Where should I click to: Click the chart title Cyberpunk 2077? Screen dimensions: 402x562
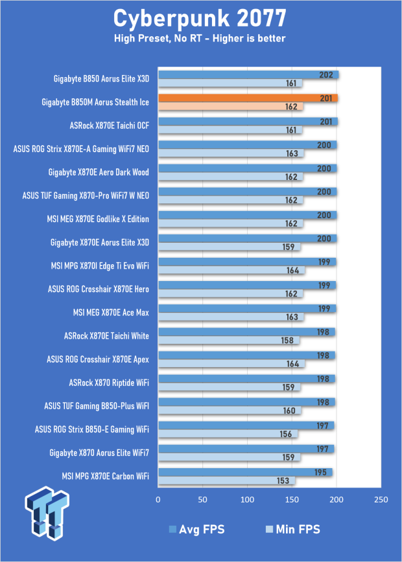[200, 19]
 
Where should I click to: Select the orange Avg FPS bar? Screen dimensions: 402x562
[248, 98]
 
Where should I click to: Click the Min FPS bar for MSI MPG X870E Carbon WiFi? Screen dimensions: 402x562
[226, 480]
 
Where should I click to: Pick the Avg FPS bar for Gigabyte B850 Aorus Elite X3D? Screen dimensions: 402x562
[248, 75]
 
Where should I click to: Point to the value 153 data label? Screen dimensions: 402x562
[283, 480]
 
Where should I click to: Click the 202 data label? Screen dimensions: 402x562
[326, 75]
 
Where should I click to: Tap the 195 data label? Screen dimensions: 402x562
[320, 473]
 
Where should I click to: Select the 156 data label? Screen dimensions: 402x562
[286, 434]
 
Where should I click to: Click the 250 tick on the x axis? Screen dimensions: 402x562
[381, 500]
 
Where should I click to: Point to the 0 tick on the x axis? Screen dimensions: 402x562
[158, 500]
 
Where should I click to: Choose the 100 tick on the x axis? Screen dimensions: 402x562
[247, 500]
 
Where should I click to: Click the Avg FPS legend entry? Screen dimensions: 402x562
[196, 530]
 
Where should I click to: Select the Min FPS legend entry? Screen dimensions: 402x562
[292, 530]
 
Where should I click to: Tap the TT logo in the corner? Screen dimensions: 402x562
[47, 513]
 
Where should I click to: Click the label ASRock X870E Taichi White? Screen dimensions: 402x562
[106, 336]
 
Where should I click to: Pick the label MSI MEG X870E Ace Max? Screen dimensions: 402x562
[111, 313]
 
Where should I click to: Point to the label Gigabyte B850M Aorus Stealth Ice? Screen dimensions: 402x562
[95, 102]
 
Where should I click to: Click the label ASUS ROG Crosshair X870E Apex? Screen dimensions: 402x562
[98, 359]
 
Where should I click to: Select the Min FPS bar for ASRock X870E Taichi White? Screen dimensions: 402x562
[229, 341]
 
